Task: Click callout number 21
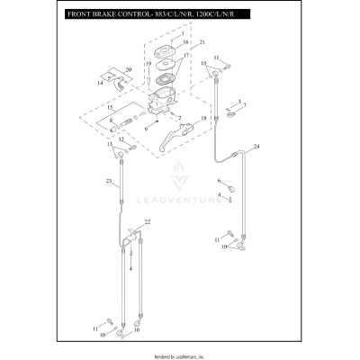[202, 42]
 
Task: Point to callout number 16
[186, 42]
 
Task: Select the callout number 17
[186, 56]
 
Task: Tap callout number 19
[148, 63]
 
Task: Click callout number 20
[128, 69]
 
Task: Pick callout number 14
[101, 82]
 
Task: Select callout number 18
[203, 118]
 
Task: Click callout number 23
[106, 182]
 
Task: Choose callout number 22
[148, 221]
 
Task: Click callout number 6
[218, 181]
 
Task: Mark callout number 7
[243, 106]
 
